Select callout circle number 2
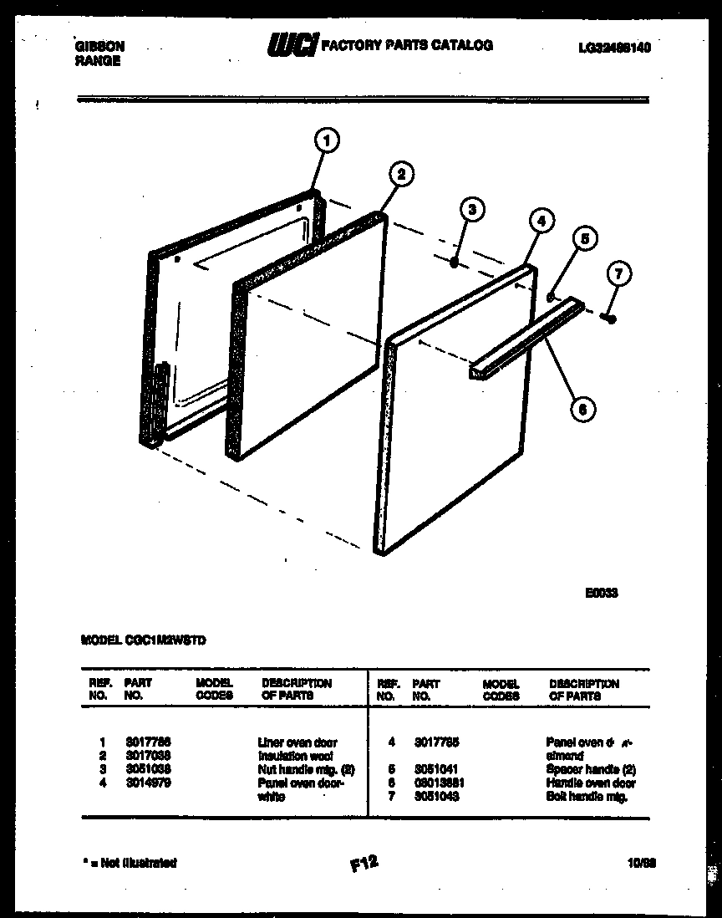(401, 174)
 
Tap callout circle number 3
(472, 209)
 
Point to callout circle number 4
(541, 222)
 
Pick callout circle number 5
(584, 239)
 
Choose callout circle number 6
(582, 409)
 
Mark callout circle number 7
(619, 273)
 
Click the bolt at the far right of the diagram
(611, 318)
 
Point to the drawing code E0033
(601, 592)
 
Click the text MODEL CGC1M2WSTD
(144, 640)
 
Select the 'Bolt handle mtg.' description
(587, 797)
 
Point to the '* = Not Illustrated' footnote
(130, 862)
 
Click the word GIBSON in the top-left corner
(100, 47)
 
